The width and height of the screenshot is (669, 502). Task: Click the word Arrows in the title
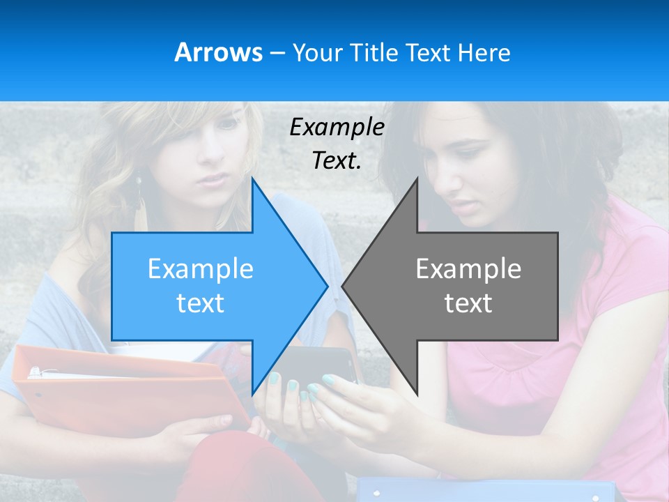(218, 52)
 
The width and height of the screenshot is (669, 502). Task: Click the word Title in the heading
(374, 53)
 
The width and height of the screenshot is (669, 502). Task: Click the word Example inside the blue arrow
(201, 268)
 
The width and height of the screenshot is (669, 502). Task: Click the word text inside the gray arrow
(468, 303)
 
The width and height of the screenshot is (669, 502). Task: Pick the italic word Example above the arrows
(337, 127)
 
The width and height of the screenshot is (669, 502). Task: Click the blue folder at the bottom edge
(488, 490)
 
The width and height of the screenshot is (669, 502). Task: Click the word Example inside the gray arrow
(468, 268)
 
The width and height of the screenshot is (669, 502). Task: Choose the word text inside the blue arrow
(201, 303)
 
